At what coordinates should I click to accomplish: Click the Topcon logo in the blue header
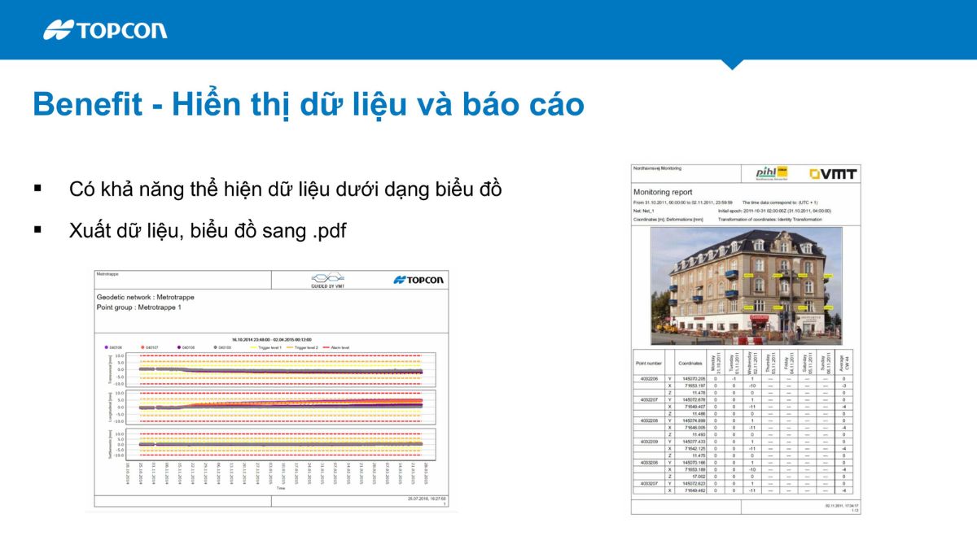105,30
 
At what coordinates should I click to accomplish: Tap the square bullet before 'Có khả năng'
37,188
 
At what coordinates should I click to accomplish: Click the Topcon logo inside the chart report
418,280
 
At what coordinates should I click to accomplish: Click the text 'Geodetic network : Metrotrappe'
145,298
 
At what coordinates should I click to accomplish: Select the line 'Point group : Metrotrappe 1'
139,307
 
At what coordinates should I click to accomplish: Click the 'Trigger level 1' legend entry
264,347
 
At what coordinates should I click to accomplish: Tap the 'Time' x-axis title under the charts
280,490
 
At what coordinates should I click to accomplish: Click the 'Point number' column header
648,363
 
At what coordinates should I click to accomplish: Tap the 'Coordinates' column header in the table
690,363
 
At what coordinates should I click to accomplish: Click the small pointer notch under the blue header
732,64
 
